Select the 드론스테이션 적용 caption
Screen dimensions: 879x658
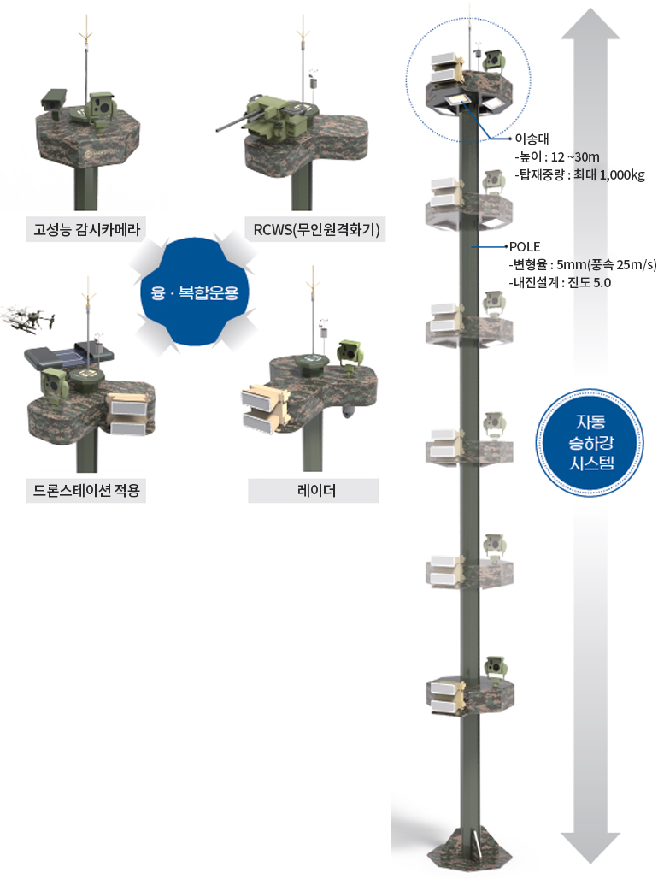(x=85, y=491)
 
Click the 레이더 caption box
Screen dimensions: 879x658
(x=313, y=491)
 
